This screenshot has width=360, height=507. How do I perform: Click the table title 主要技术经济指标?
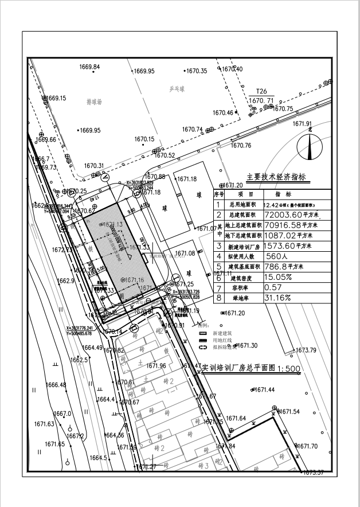276,177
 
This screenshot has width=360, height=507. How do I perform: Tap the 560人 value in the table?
280,256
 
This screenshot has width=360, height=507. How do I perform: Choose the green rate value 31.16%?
277,298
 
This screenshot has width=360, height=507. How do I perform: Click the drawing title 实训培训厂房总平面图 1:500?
251,368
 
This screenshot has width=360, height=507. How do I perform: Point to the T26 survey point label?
261,91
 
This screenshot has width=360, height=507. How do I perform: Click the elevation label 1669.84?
89,67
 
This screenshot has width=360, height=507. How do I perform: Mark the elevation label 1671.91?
302,124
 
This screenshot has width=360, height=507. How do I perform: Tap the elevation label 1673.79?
306,350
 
